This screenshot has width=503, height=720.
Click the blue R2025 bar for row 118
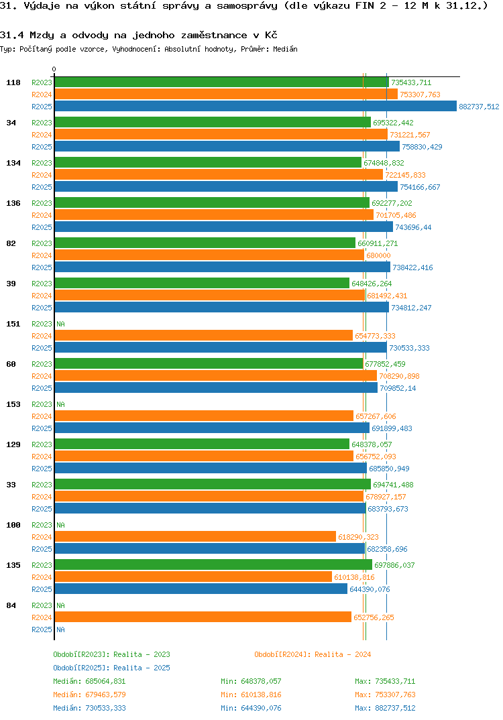pos(255,107)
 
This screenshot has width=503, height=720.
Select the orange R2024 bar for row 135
pos(193,577)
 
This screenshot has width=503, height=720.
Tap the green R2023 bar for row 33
pos(212,485)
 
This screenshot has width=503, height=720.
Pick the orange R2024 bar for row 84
pos(203,617)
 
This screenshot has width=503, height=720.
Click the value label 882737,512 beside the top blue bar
pos(479,107)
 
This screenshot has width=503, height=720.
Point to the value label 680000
pos(378,255)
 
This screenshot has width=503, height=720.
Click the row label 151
pos(13,324)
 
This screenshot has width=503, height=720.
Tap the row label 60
pos(11,364)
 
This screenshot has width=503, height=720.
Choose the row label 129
pos(13,444)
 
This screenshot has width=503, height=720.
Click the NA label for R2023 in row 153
pos(60,404)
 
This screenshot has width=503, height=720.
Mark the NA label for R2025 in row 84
pos(60,629)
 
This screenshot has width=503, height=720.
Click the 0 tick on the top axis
pos(54,69)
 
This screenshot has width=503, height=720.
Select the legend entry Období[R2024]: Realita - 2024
pos(313,654)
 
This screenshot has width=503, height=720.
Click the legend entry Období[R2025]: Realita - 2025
pos(111,668)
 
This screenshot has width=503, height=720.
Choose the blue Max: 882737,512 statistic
pos(385,708)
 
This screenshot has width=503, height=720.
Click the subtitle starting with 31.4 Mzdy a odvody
pos(139,34)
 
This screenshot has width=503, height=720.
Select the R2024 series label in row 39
pos(42,296)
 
